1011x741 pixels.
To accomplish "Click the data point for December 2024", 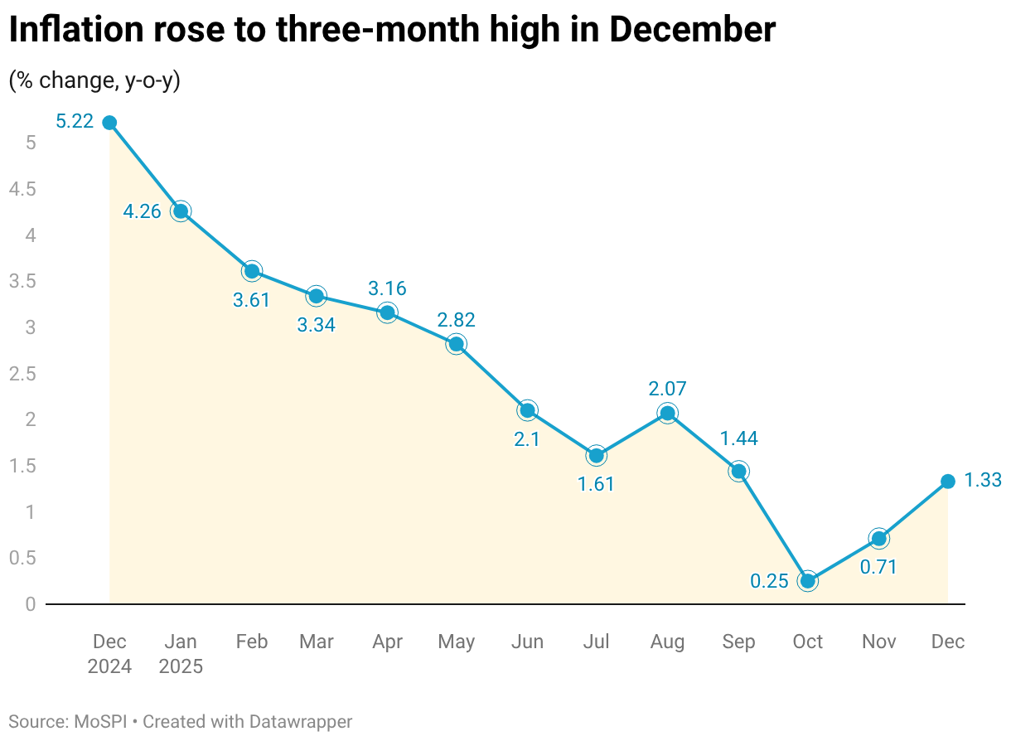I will tap(109, 123).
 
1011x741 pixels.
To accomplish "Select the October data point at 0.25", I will tap(807, 581).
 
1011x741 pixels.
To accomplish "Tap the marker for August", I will tap(667, 413).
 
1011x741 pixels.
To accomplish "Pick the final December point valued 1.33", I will tap(948, 482).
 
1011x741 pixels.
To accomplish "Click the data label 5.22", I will tap(74, 122).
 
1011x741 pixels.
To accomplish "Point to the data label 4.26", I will tap(143, 212).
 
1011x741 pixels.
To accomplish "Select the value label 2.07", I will tap(667, 388).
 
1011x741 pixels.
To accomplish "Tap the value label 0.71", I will tap(879, 568).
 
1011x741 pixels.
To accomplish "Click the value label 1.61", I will tap(596, 484).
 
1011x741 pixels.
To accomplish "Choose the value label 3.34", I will tap(316, 325).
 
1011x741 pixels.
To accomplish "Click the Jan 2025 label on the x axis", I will tap(181, 654).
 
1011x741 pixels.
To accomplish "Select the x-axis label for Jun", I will tap(527, 642).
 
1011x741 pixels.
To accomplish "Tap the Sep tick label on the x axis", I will tap(738, 642).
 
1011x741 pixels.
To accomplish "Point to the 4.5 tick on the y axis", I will tap(22, 190).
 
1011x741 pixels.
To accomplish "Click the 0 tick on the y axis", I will tap(31, 604).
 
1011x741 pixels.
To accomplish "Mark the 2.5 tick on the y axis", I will tap(22, 374).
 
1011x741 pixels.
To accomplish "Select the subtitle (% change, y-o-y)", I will tap(94, 80).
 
